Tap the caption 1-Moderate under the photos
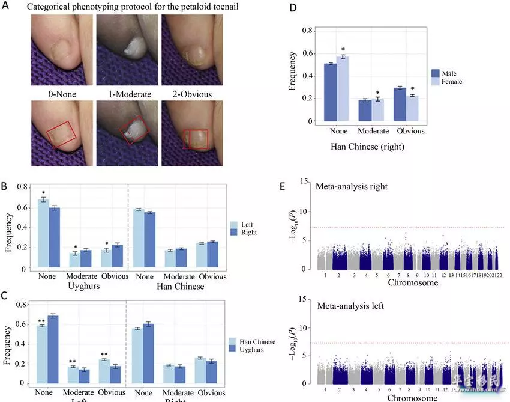[125, 94]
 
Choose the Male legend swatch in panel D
[436, 72]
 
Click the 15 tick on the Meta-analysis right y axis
[305, 181]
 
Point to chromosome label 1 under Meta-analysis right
[325, 275]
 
